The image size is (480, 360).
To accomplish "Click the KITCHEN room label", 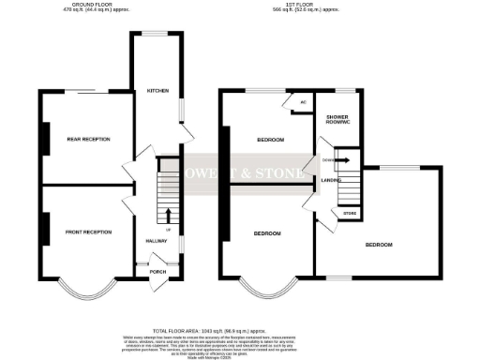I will tap(157, 91).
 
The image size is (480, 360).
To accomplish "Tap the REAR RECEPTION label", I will tap(88, 139).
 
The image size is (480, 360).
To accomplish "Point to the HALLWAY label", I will tap(157, 242).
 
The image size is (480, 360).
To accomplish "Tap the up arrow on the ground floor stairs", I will tap(170, 216).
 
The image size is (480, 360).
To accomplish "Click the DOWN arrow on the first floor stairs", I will tap(343, 159).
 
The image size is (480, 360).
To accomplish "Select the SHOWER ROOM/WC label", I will tap(336, 121).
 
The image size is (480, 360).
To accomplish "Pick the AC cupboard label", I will tap(303, 102).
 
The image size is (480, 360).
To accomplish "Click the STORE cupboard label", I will tap(349, 214).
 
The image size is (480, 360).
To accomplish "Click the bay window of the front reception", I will tap(89, 294).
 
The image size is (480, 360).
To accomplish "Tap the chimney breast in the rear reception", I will tap(40, 139).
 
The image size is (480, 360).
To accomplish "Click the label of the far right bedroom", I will tap(378, 245).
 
